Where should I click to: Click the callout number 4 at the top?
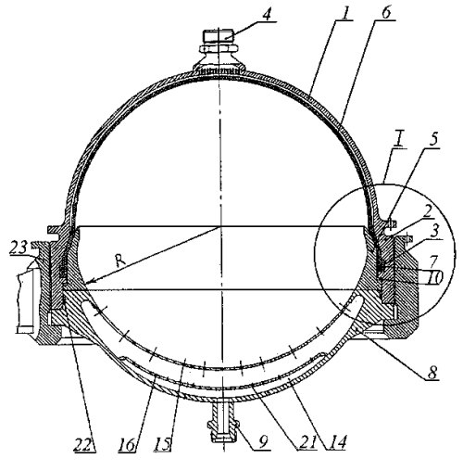(268, 13)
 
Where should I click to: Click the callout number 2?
(427, 213)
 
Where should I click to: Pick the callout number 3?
(435, 231)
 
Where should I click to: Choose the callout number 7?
(433, 261)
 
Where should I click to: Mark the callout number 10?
(435, 277)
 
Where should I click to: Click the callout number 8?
(432, 372)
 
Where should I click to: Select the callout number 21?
(307, 442)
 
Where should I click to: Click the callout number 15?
(163, 444)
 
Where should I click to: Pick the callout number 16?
(127, 444)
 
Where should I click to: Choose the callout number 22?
(84, 444)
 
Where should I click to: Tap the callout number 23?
(19, 248)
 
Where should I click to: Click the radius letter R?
(120, 261)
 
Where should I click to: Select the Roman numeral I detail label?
(399, 140)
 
